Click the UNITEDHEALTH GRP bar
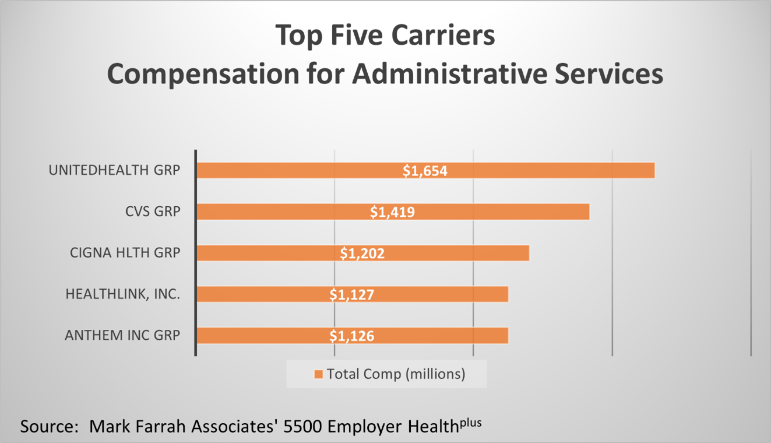coord(426,170)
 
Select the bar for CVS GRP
coord(393,212)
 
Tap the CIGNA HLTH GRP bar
coord(363,253)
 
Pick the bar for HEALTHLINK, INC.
coord(353,294)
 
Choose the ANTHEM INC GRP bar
coord(353,336)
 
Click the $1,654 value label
coord(425,171)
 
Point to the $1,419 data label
coord(392,212)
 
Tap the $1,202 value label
coord(362,254)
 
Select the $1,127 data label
coord(352,295)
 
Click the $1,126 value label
coord(352,336)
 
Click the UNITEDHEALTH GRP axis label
coord(114,170)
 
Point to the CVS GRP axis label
coord(153,212)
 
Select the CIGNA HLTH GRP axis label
coord(125,252)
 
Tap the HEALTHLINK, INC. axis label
coord(123,294)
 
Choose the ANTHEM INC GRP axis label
coord(122,335)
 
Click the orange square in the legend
coord(318,374)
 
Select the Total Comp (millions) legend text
coord(396,374)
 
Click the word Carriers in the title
coord(443,35)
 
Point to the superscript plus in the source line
coord(471,423)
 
